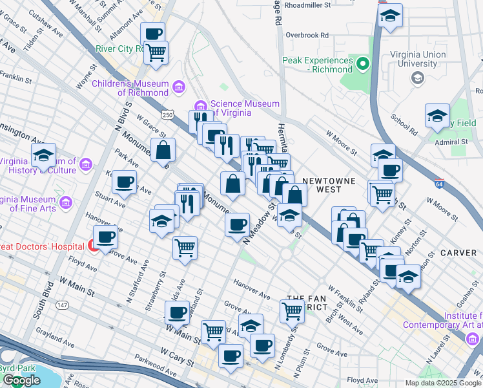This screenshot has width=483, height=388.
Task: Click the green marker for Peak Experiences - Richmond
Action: pos(363,64)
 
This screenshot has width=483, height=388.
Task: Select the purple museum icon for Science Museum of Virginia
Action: pos(200,106)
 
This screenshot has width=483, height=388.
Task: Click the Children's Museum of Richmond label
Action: pos(130,89)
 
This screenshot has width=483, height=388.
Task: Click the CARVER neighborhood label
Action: pos(458,252)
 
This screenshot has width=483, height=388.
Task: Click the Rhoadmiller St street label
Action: pos(307,4)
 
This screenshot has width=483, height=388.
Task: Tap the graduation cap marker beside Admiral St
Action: pos(437,116)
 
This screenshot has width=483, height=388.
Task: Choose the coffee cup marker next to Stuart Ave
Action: pos(124,182)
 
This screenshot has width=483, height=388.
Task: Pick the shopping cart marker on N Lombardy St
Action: pos(292,311)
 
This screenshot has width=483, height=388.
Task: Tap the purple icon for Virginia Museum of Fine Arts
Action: pos(65,204)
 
